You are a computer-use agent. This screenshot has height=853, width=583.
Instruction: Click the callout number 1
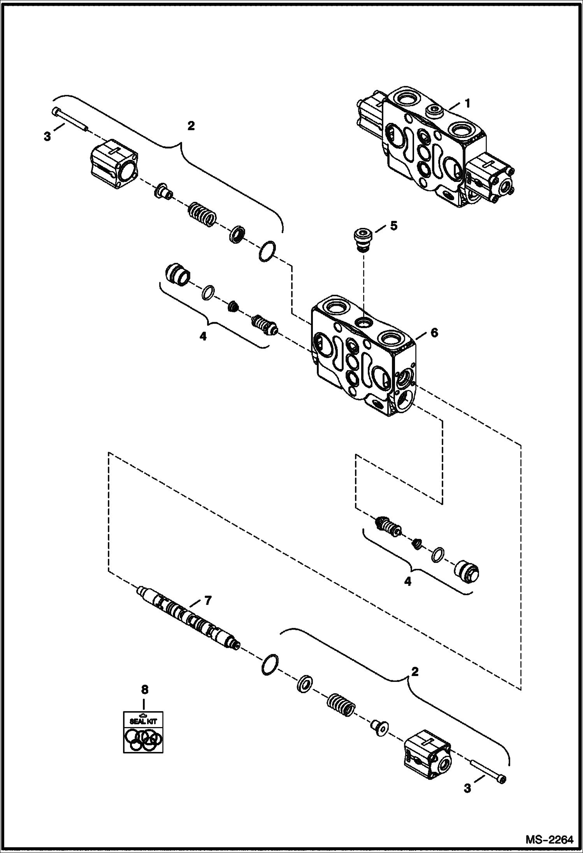pyautogui.click(x=467, y=103)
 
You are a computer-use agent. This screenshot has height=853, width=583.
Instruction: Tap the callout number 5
pyautogui.click(x=393, y=226)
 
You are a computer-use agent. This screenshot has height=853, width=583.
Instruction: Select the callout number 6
pyautogui.click(x=434, y=332)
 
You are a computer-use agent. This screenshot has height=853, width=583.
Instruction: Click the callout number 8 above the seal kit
pyautogui.click(x=144, y=690)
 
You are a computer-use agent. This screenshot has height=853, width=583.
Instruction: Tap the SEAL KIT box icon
pyautogui.click(x=143, y=732)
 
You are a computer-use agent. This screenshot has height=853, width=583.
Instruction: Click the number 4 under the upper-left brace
pyautogui.click(x=203, y=336)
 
